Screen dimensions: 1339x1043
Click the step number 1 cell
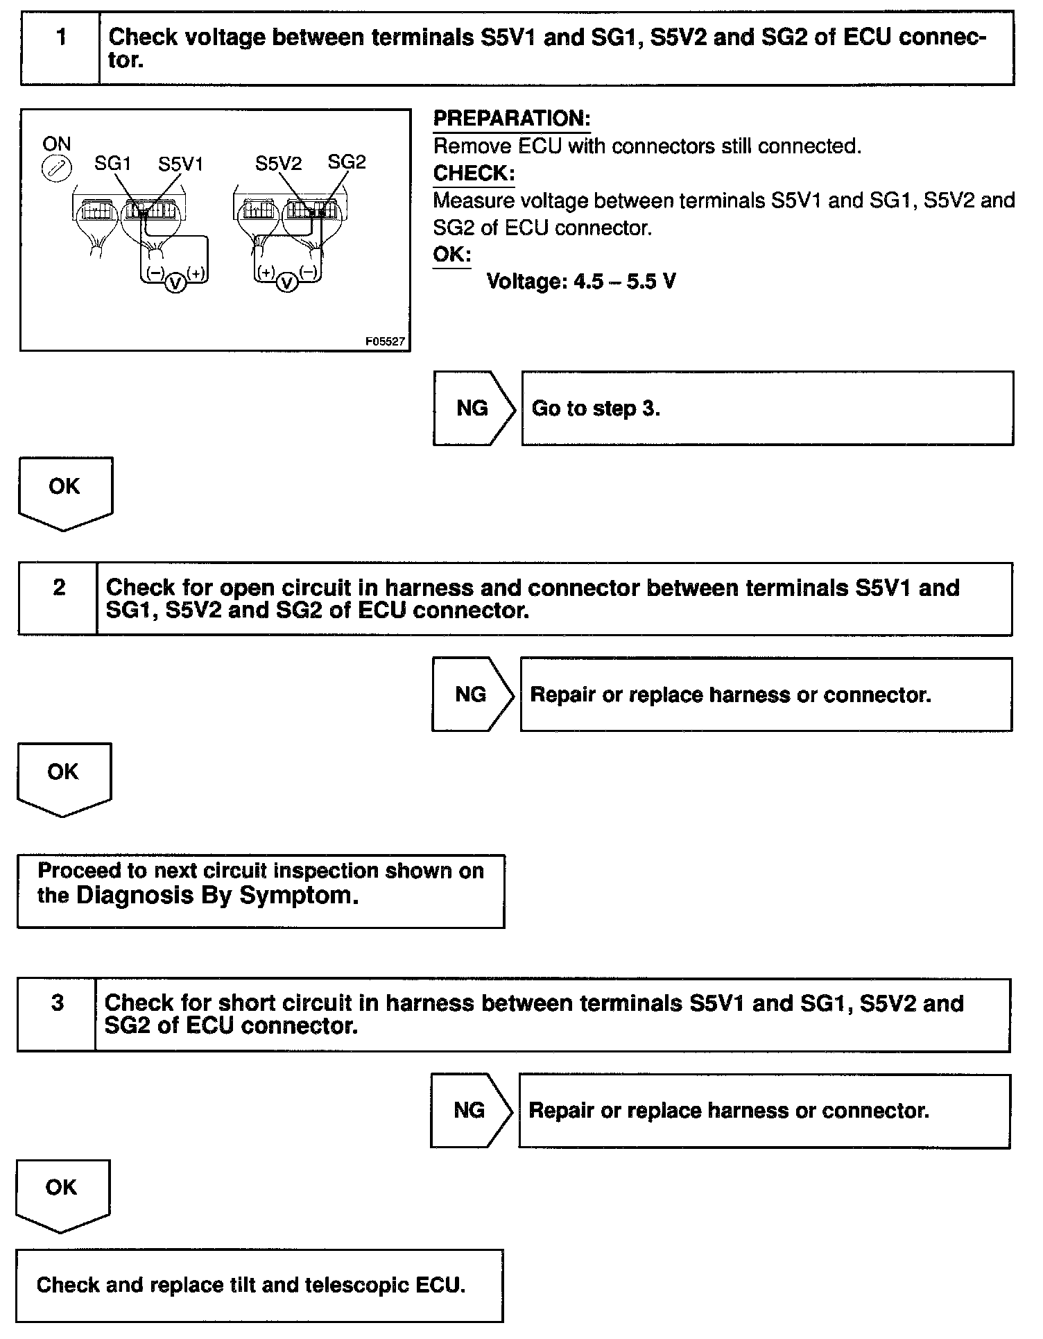pos(61,47)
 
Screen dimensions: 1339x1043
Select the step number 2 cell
pos(59,598)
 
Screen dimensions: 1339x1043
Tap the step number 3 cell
pos(58,1014)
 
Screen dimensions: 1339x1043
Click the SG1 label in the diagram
pos(112,164)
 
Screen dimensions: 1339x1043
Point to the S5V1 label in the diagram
pos(180,164)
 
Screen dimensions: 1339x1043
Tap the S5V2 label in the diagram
pos(278,164)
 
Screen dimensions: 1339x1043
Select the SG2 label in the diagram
pos(346,162)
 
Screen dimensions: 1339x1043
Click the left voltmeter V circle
pos(175,283)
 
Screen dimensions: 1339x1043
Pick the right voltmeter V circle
pos(287,283)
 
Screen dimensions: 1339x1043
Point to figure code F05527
pos(385,342)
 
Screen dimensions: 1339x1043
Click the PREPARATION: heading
pos(511,119)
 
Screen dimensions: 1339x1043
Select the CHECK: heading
pos(474,173)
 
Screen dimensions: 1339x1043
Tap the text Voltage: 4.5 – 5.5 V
pos(581,282)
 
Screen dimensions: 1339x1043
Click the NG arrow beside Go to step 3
pos(474,408)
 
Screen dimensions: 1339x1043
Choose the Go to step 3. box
pos(767,408)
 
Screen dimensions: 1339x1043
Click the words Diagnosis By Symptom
pos(217,896)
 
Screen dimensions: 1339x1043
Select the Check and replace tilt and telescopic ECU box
pos(259,1285)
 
